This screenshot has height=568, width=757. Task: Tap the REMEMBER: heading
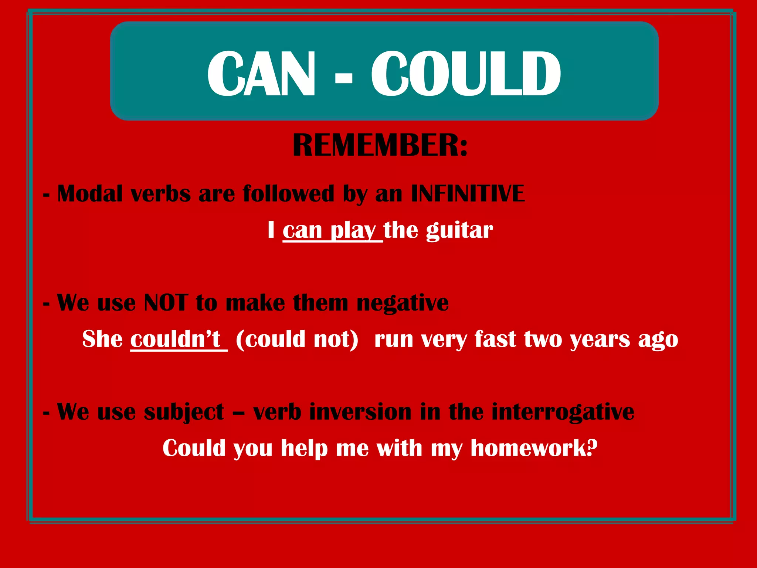(x=380, y=145)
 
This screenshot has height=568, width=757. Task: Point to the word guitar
(x=459, y=230)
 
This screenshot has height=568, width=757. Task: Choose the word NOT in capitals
(x=166, y=302)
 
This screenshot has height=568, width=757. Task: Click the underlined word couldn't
(x=176, y=339)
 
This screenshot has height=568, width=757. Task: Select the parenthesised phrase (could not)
(x=297, y=339)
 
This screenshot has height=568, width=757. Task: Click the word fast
(x=496, y=339)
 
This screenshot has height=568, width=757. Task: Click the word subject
(x=184, y=412)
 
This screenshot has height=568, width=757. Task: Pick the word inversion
(x=360, y=411)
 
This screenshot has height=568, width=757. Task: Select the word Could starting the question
(x=194, y=448)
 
